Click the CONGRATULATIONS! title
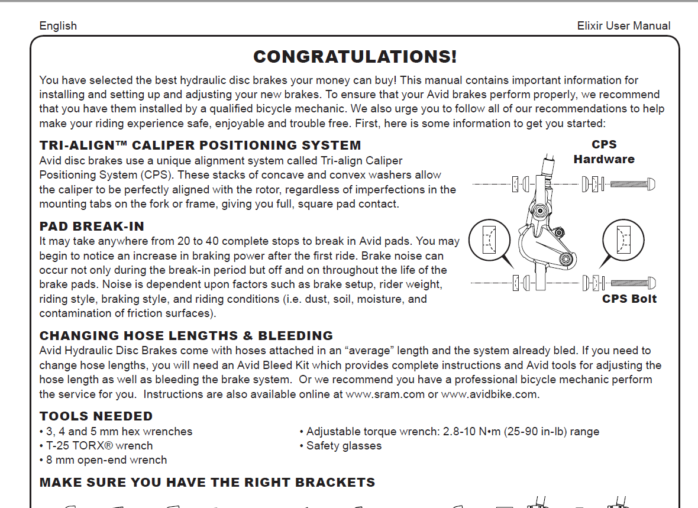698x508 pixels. (x=355, y=57)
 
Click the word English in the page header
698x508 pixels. (x=58, y=26)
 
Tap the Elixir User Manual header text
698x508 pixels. (x=623, y=26)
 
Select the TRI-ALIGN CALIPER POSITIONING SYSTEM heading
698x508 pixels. (x=200, y=145)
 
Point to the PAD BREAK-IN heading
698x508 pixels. (x=92, y=227)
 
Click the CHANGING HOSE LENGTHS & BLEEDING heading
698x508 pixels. (x=186, y=336)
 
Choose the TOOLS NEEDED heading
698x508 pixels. (x=96, y=416)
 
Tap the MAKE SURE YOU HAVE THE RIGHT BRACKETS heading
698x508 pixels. (x=207, y=483)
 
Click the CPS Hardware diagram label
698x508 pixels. (x=603, y=152)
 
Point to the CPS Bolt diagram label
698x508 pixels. (x=629, y=299)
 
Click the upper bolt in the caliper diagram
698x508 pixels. (x=632, y=184)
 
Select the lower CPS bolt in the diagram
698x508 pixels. (x=632, y=283)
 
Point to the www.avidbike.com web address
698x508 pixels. (x=490, y=394)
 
